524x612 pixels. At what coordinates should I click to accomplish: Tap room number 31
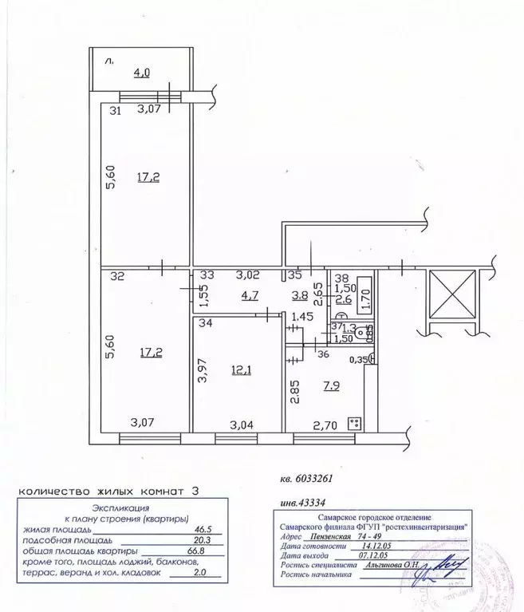(x=115, y=111)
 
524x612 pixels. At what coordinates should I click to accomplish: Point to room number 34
(x=205, y=323)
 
